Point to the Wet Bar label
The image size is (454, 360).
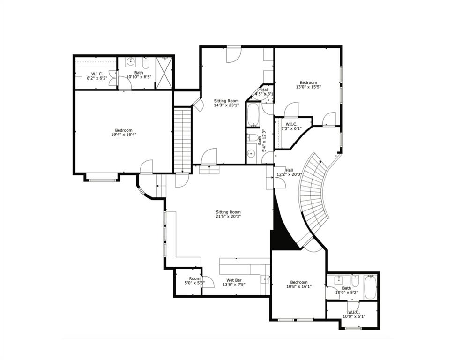pyautogui.click(x=233, y=282)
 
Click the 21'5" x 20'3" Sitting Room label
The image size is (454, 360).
pyautogui.click(x=228, y=214)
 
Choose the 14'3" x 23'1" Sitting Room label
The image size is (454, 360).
pyautogui.click(x=226, y=103)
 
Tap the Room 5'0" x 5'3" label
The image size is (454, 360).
pyautogui.click(x=188, y=281)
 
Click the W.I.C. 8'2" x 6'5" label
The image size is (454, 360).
pyautogui.click(x=97, y=76)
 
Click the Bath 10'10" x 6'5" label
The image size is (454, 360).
pyautogui.click(x=139, y=75)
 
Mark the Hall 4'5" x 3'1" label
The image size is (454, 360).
pyautogui.click(x=264, y=92)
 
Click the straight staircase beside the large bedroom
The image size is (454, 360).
pyautogui.click(x=182, y=139)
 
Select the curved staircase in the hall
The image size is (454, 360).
pyautogui.click(x=314, y=197)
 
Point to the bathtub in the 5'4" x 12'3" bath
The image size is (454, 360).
pyautogui.click(x=253, y=115)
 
